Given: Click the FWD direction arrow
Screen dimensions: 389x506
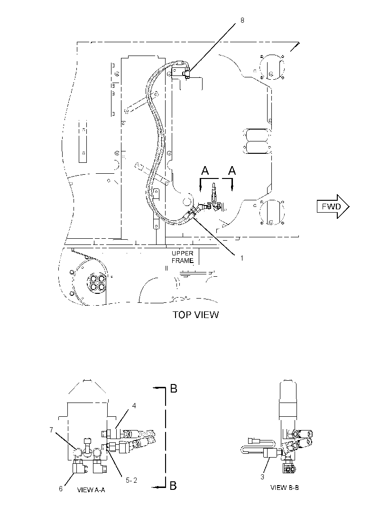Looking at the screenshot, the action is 333,206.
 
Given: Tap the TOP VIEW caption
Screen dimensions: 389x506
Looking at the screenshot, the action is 195,315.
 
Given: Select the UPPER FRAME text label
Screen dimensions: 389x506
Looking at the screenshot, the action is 183,257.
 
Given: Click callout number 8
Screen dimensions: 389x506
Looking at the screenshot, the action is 242,20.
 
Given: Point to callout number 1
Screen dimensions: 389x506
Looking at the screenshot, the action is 241,258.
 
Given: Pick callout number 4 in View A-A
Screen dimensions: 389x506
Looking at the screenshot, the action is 134,406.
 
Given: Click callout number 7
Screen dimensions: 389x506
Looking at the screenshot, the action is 51,430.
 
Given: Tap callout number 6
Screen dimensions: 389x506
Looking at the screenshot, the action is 61,488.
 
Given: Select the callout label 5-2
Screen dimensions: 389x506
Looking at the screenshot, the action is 131,480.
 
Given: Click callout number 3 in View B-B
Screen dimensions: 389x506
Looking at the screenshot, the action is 262,477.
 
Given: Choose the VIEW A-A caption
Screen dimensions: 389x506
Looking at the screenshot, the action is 91,490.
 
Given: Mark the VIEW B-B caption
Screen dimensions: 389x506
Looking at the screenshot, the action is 285,487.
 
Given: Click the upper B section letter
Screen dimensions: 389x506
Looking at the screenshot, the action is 174,389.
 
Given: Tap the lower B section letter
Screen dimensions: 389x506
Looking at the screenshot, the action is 173,486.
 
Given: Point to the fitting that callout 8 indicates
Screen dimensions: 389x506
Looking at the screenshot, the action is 186,74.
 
